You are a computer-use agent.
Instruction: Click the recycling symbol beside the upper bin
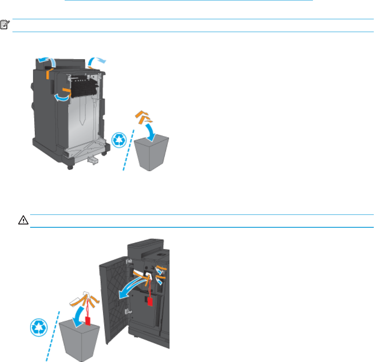click(119, 140)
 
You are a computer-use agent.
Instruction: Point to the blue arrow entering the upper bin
click(152, 129)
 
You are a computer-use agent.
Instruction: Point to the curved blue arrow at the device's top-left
click(46, 61)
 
